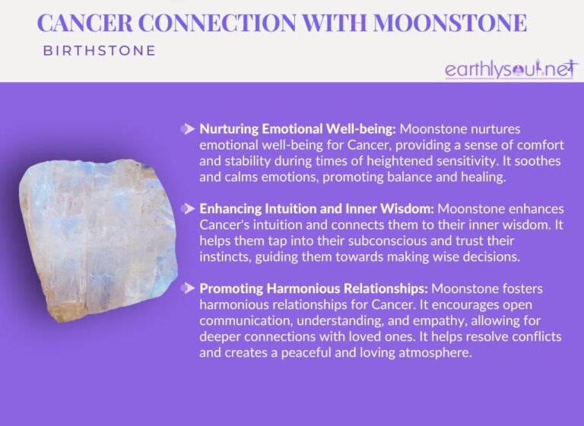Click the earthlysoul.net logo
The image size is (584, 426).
[511, 69]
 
